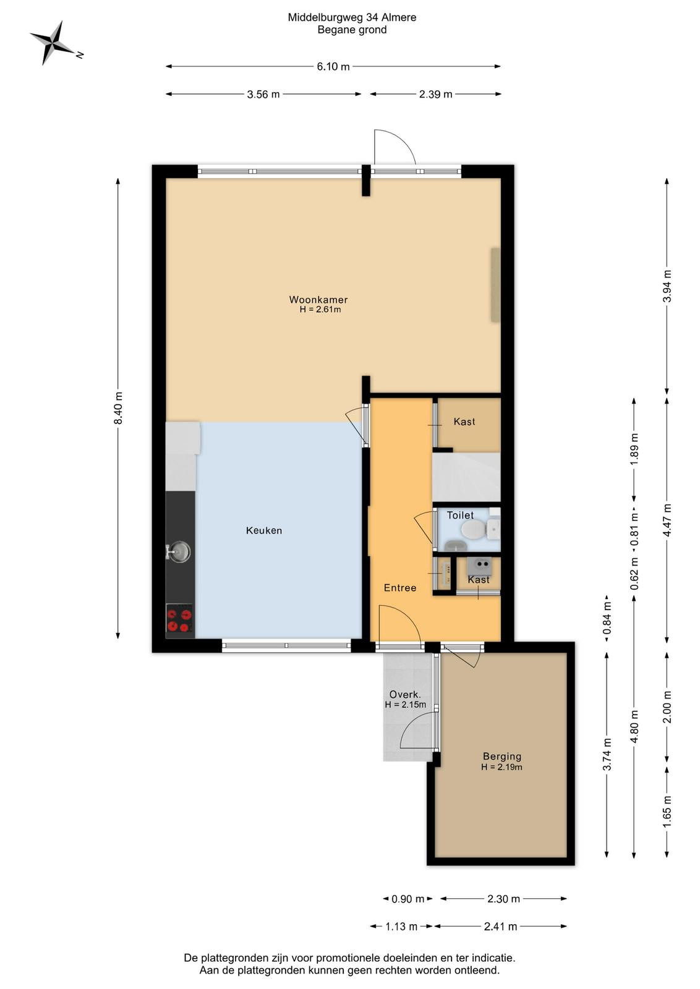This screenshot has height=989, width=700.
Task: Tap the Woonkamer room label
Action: (318, 299)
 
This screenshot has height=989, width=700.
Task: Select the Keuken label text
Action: (263, 530)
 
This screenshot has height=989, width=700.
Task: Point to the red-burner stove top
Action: (180, 621)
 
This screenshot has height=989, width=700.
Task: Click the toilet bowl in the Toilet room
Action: (472, 528)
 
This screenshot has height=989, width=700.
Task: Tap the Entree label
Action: (400, 588)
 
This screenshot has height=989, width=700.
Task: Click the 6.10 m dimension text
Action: (333, 67)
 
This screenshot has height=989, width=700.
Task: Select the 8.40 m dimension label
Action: (118, 408)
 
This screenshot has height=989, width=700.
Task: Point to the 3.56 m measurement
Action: (263, 94)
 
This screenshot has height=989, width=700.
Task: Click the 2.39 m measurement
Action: (435, 94)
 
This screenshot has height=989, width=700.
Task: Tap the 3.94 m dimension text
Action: (667, 286)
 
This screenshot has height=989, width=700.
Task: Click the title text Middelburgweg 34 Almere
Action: (352, 18)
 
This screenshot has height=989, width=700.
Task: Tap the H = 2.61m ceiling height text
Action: (320, 310)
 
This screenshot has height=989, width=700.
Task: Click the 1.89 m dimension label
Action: (634, 449)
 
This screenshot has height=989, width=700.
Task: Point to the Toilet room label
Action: (460, 516)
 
